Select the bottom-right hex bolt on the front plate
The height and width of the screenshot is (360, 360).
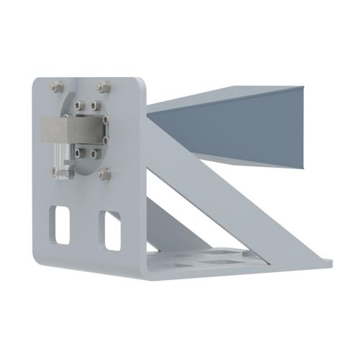click(x=105, y=173)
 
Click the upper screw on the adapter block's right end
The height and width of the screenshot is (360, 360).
click(x=105, y=122)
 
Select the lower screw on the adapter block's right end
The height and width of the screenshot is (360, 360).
click(x=106, y=139)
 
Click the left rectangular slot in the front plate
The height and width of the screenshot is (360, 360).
click(x=61, y=225)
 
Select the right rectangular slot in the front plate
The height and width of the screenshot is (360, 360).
click(x=112, y=230)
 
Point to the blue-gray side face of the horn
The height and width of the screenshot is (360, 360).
click(x=238, y=130)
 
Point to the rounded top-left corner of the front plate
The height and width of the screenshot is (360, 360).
click(x=36, y=81)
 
